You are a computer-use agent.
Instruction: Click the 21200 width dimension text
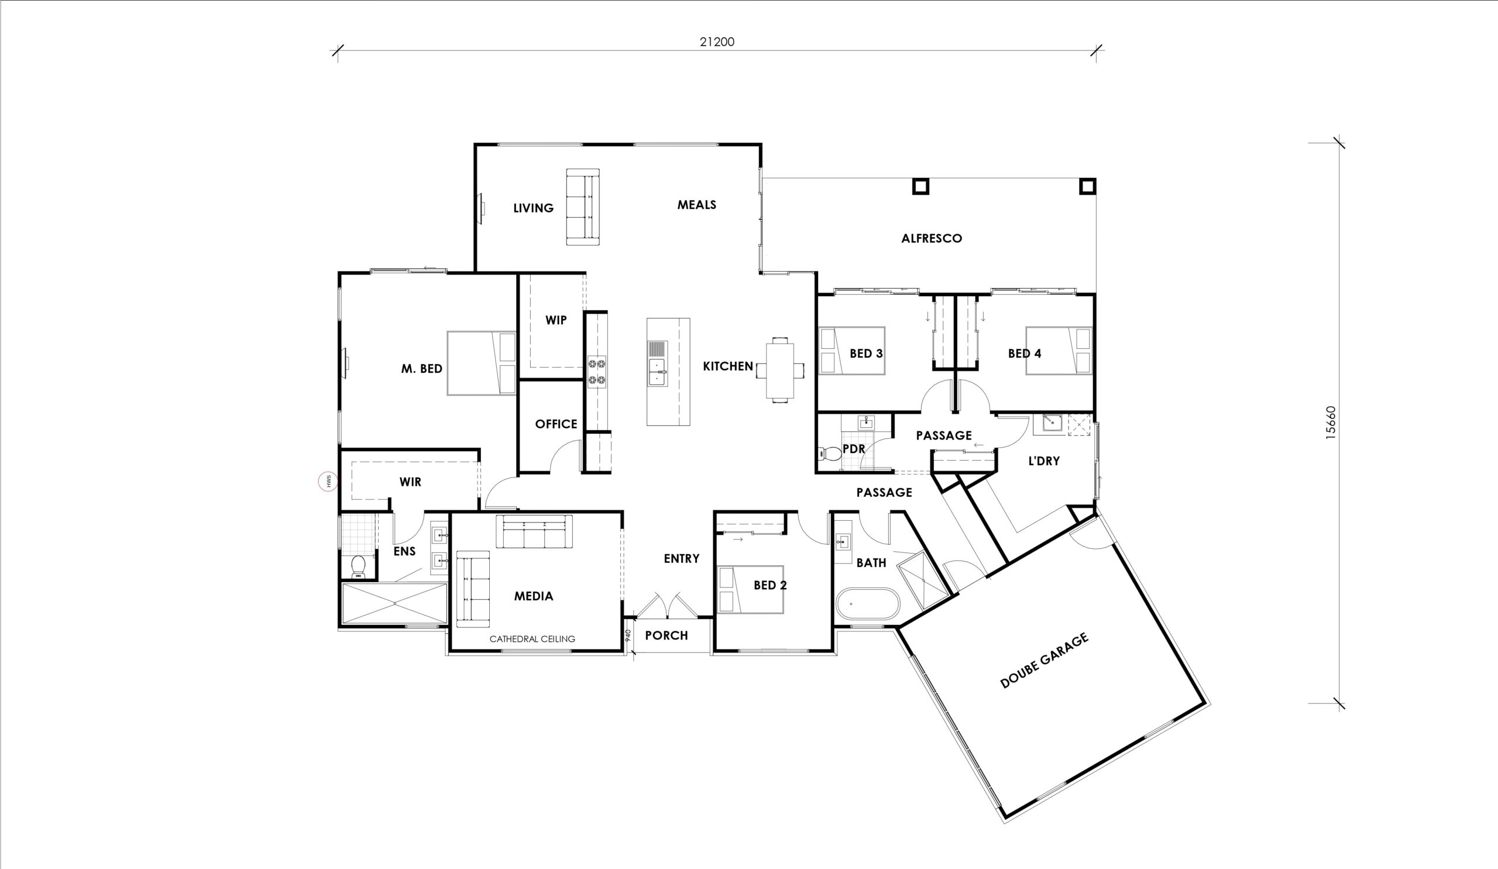[x=717, y=42]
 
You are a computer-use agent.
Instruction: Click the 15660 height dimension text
[x=1331, y=423]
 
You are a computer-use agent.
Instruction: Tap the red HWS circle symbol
[x=328, y=481]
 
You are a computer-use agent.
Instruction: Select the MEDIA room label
[x=533, y=596]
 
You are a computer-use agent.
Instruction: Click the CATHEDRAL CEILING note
[x=532, y=639]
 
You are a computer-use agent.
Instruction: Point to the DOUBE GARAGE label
[x=1045, y=660]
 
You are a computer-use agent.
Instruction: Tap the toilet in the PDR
[x=830, y=454]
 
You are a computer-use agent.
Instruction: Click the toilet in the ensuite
[x=358, y=566]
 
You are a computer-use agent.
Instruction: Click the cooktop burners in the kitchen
[x=597, y=371]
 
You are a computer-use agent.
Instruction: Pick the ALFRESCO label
[x=932, y=238]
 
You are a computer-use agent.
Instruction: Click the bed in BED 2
[x=750, y=590]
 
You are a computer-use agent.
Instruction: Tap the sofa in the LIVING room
[x=583, y=207]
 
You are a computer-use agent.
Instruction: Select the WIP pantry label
[x=556, y=320]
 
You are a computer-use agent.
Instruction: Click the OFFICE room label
[x=556, y=424]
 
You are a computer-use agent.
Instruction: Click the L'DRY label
[x=1044, y=461]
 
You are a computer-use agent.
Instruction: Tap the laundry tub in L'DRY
[x=1052, y=423]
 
